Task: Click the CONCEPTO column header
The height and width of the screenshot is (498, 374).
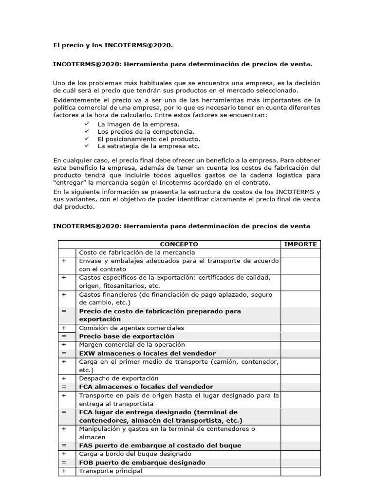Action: pos(179,244)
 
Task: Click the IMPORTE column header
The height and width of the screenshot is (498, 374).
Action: pos(300,244)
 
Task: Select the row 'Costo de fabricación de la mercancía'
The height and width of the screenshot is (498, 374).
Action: pos(137,252)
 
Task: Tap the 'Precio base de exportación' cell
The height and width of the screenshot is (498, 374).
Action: pos(126,337)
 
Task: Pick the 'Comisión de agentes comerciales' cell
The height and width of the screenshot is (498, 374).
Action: pos(131,328)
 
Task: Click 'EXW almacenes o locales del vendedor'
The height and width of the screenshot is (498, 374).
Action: pos(147,354)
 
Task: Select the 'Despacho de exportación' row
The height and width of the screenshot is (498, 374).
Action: pos(118,378)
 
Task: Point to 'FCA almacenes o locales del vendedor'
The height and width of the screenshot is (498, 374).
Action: pos(146,387)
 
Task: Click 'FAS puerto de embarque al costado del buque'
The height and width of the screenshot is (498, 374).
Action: pos(160,445)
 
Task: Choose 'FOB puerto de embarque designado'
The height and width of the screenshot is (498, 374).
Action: pos(142,462)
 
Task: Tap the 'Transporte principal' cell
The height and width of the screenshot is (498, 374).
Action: pos(111,471)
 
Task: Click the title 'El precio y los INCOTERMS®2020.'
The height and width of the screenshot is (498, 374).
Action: pos(112,45)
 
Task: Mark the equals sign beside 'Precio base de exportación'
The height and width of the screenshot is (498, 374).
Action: pos(64,337)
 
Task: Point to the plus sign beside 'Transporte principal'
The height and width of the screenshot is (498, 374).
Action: pos(64,471)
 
